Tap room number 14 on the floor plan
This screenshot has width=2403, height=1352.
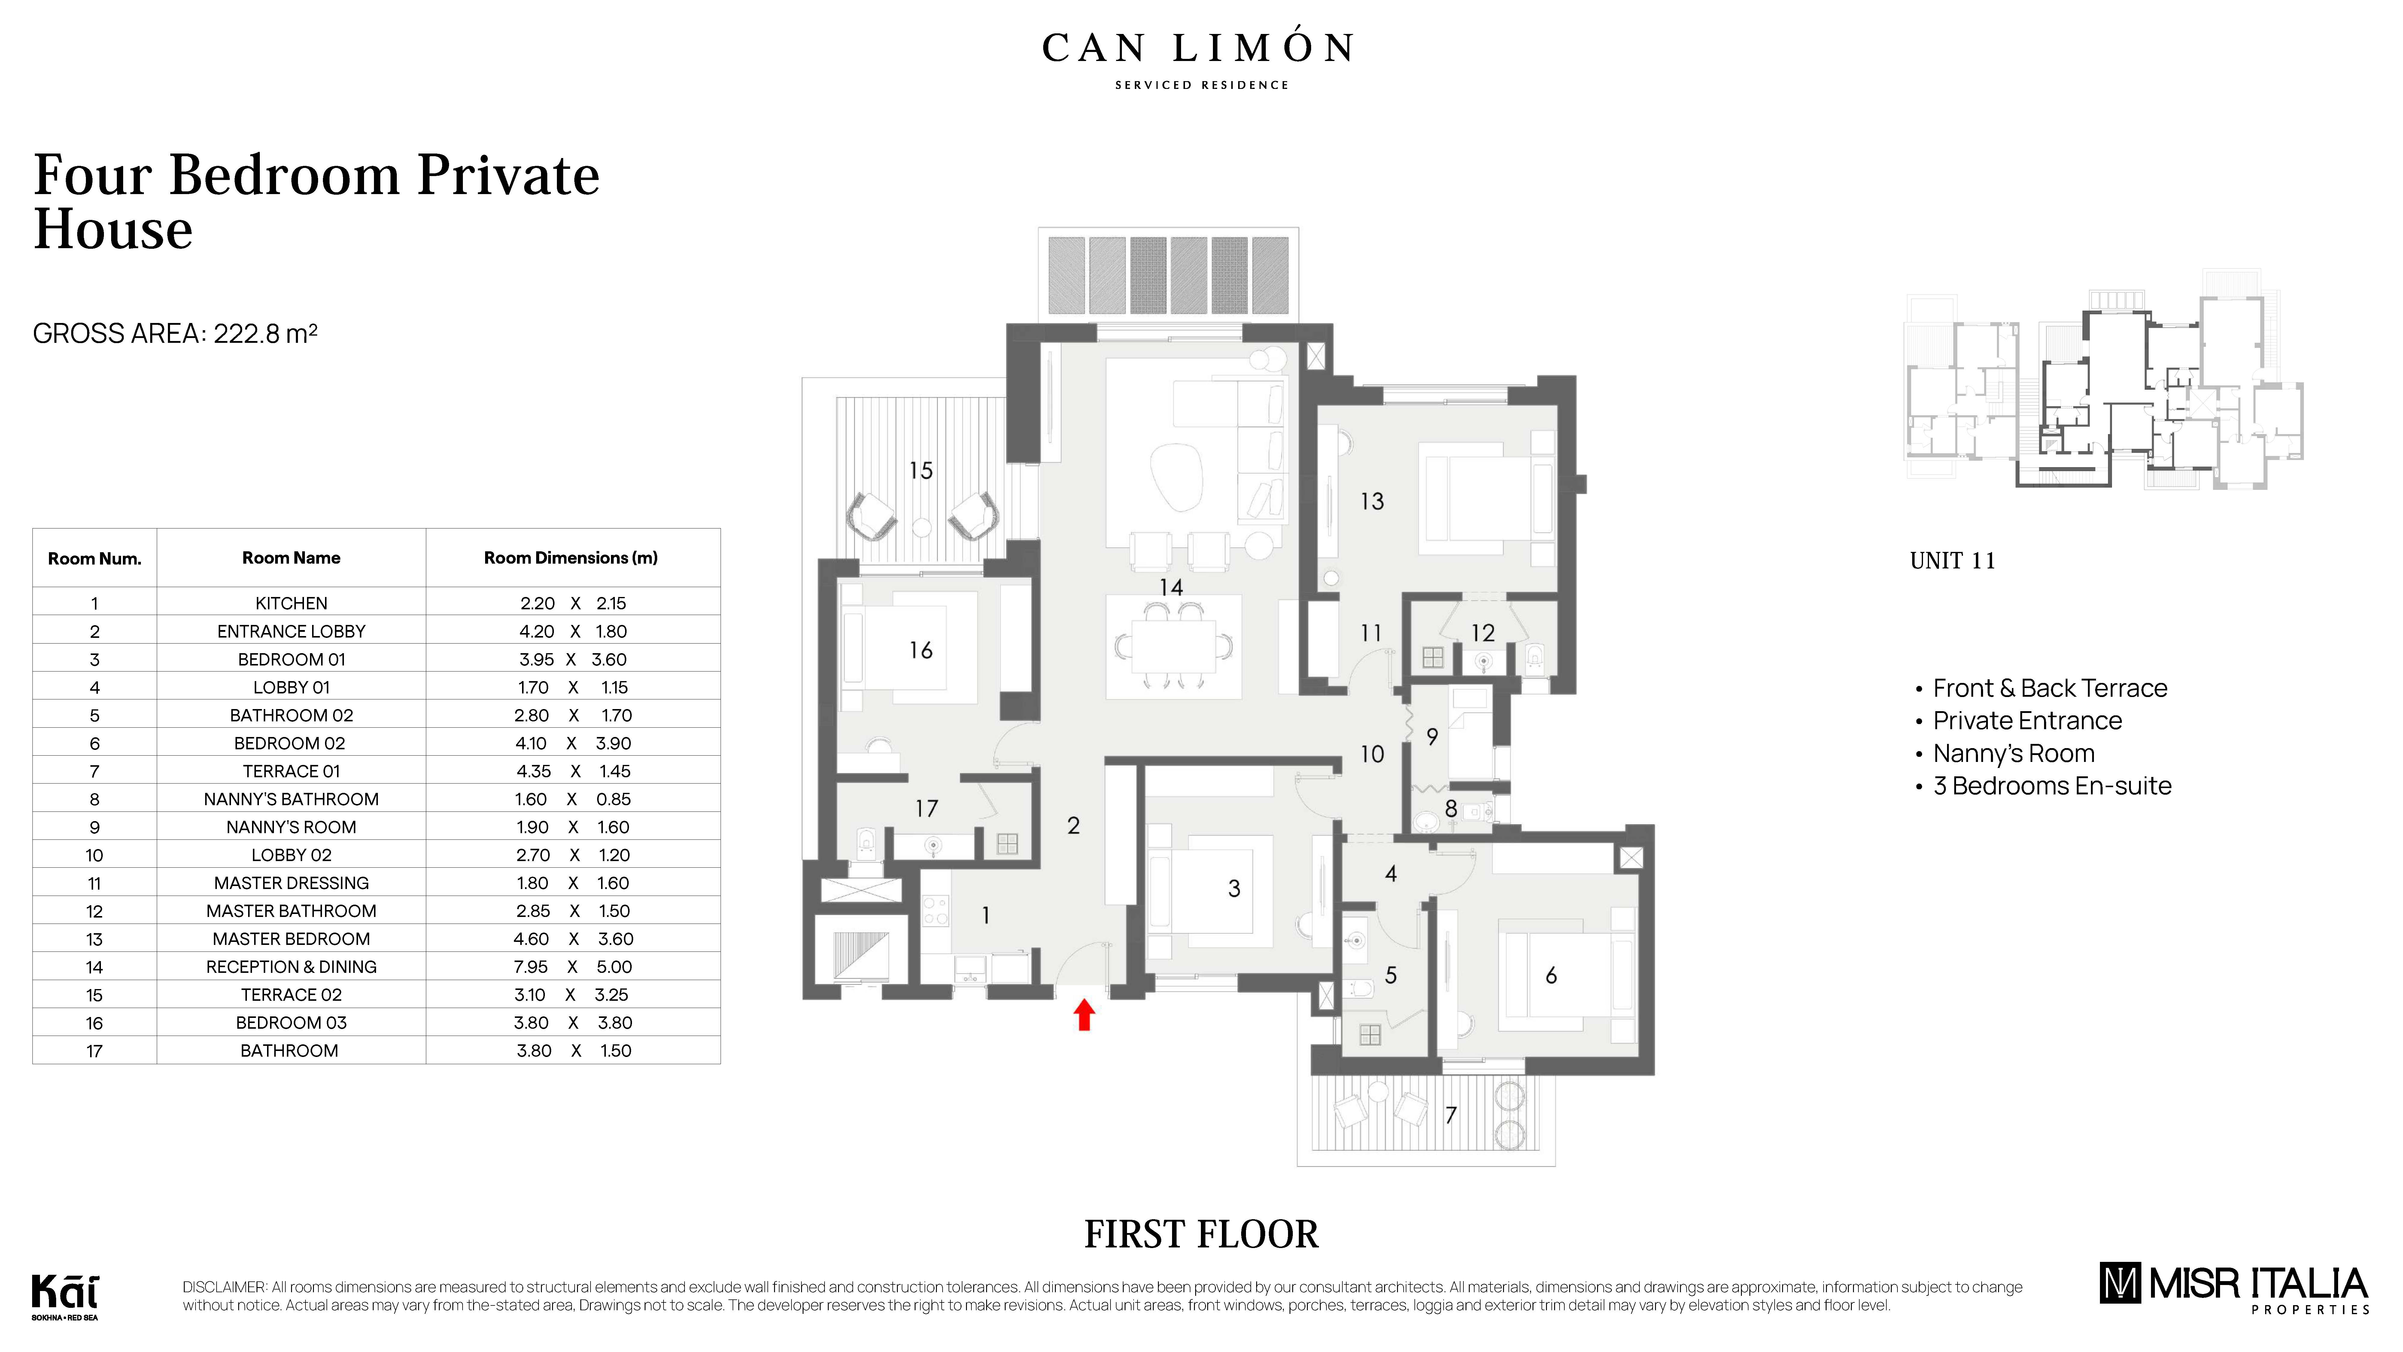coord(1171,587)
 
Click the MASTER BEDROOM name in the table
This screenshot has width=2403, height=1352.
coord(291,939)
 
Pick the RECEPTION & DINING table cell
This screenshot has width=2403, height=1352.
coord(291,967)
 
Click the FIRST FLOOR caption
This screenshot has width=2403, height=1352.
coord(1201,1235)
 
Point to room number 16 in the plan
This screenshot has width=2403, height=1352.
coord(921,650)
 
